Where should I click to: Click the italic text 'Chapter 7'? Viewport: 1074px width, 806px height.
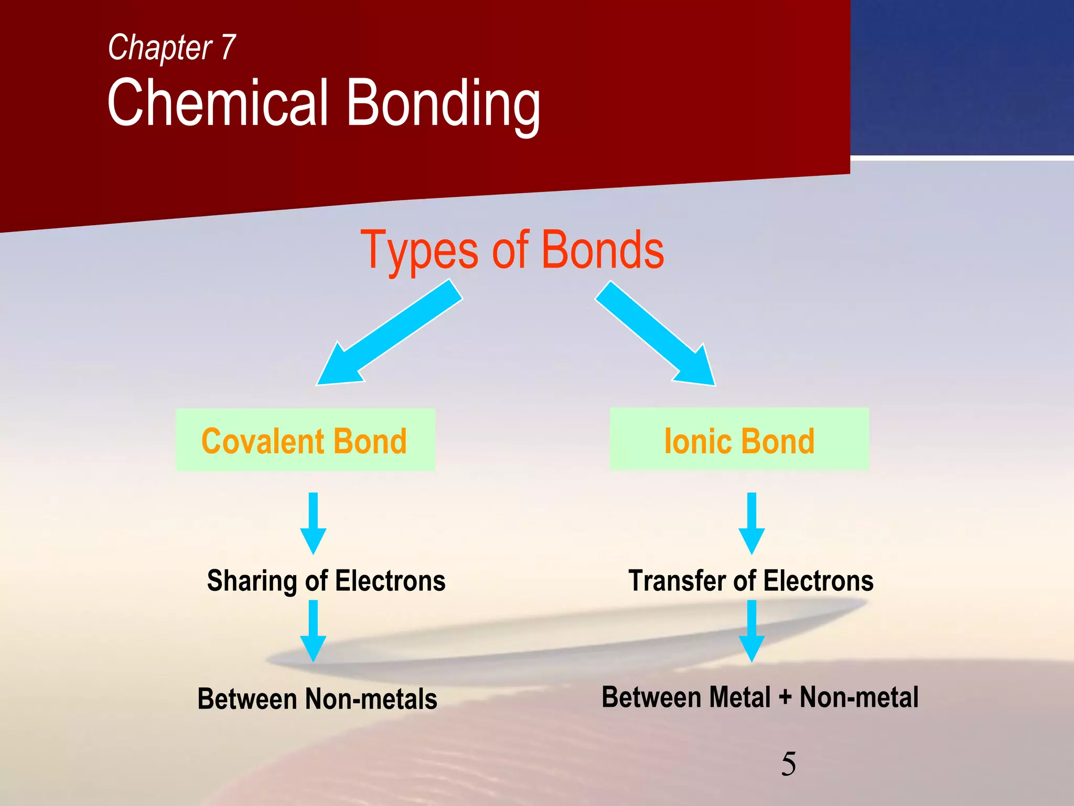coord(171,48)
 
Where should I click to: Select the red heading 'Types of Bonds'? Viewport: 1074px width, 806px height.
coord(512,250)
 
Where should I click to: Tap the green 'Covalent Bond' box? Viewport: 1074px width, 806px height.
coord(305,440)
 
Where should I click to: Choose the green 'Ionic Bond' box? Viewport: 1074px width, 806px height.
coord(739,439)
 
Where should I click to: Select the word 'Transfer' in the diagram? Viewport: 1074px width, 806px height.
coord(676,581)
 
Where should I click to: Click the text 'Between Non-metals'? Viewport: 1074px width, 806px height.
coord(317,699)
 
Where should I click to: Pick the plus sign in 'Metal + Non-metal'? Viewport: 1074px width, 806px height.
coord(785,698)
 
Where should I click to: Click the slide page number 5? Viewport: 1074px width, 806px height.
coord(788,763)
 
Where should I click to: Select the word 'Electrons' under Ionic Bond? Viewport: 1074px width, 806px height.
coord(819,581)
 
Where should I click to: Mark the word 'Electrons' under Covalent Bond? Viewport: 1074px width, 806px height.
coord(390,581)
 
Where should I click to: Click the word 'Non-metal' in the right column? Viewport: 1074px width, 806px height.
coord(859,697)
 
